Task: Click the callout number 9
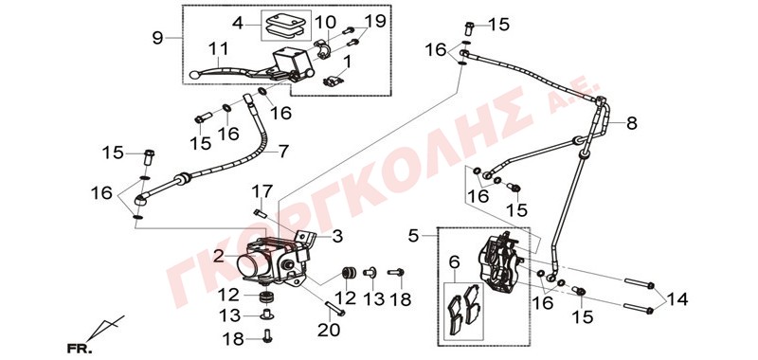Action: (157, 38)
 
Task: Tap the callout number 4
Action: (238, 23)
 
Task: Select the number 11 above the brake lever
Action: (219, 49)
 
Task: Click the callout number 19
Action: (375, 21)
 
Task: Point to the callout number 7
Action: (283, 152)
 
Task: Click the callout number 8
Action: (631, 124)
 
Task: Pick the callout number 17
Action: (262, 191)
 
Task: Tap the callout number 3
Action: (337, 236)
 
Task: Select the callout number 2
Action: (220, 256)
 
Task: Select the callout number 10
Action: (325, 22)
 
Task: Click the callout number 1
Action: (348, 63)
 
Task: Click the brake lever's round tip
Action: (194, 75)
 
